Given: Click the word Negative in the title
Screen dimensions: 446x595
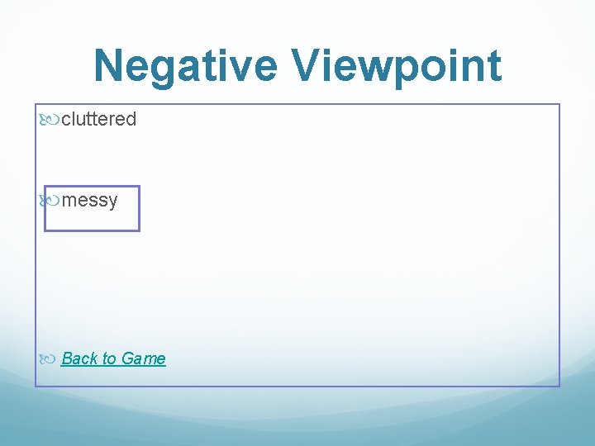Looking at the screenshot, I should click(186, 66).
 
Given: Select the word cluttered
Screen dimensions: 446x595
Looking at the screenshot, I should click(98, 119).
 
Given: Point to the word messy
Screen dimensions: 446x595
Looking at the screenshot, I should click(89, 200).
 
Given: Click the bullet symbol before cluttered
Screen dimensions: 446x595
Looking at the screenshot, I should click(46, 120).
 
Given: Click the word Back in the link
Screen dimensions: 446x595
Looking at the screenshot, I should click(79, 358).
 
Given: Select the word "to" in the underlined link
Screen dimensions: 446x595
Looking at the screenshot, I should click(108, 358).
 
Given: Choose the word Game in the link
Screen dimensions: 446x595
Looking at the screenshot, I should click(143, 358).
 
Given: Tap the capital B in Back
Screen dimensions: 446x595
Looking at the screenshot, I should click(67, 358).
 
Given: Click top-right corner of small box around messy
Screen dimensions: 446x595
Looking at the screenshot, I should click(139, 187).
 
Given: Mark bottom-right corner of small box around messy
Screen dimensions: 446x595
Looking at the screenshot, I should click(139, 230).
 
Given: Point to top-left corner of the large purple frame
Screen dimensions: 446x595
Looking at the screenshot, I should click(36, 104).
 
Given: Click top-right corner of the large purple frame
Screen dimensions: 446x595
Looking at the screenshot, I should click(559, 104).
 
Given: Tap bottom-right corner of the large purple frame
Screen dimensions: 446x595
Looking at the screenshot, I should click(559, 386).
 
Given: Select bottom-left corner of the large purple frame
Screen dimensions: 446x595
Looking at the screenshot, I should click(36, 386).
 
